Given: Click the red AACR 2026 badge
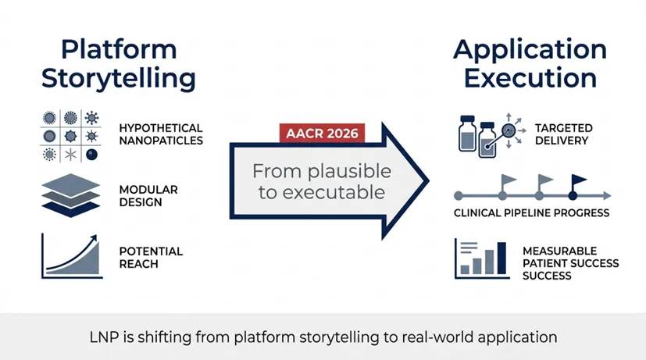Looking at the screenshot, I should pos(323,133).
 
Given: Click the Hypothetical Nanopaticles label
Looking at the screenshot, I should pos(161,134).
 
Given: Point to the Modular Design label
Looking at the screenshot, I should pos(148,196).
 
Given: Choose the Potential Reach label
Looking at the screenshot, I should pos(151,258).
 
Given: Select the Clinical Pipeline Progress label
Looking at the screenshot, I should pos(531,212).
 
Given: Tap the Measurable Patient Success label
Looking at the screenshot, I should pos(570,263).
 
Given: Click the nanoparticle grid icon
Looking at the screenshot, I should pos(70,134).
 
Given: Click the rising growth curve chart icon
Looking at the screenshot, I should pos(70,256).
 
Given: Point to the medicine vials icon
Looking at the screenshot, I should pos(478,134).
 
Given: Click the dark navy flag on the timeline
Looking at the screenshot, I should pos(579,183).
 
